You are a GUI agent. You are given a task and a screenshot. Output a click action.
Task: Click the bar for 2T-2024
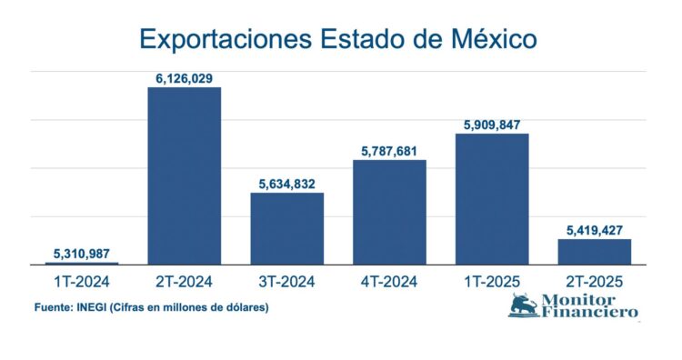(x=185, y=175)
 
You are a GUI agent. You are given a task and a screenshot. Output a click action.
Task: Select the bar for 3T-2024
(x=286, y=228)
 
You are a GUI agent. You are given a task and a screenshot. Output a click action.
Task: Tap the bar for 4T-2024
(x=389, y=212)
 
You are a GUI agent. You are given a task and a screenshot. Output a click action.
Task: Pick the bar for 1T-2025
(x=492, y=199)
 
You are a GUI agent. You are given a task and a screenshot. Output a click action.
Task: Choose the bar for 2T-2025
(x=594, y=251)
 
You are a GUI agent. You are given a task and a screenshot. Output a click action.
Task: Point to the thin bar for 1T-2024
(x=82, y=263)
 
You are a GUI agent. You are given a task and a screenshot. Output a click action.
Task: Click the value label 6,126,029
(x=185, y=78)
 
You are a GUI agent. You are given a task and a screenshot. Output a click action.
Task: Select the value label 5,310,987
(x=82, y=252)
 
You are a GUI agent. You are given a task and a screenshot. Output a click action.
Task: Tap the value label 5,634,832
(x=286, y=185)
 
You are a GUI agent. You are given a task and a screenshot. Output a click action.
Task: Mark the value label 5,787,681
(x=389, y=152)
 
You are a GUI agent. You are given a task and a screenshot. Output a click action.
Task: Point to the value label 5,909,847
(x=492, y=125)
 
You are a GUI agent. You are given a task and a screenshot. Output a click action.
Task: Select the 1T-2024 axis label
(x=82, y=282)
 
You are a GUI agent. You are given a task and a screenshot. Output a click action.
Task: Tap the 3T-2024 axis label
(x=286, y=282)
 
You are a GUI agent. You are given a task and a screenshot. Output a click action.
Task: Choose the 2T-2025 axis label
(x=594, y=282)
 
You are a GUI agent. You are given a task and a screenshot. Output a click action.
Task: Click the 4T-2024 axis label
(x=389, y=282)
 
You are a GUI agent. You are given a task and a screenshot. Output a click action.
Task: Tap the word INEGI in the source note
(x=95, y=307)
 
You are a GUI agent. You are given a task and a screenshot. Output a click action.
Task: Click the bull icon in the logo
(x=524, y=305)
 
